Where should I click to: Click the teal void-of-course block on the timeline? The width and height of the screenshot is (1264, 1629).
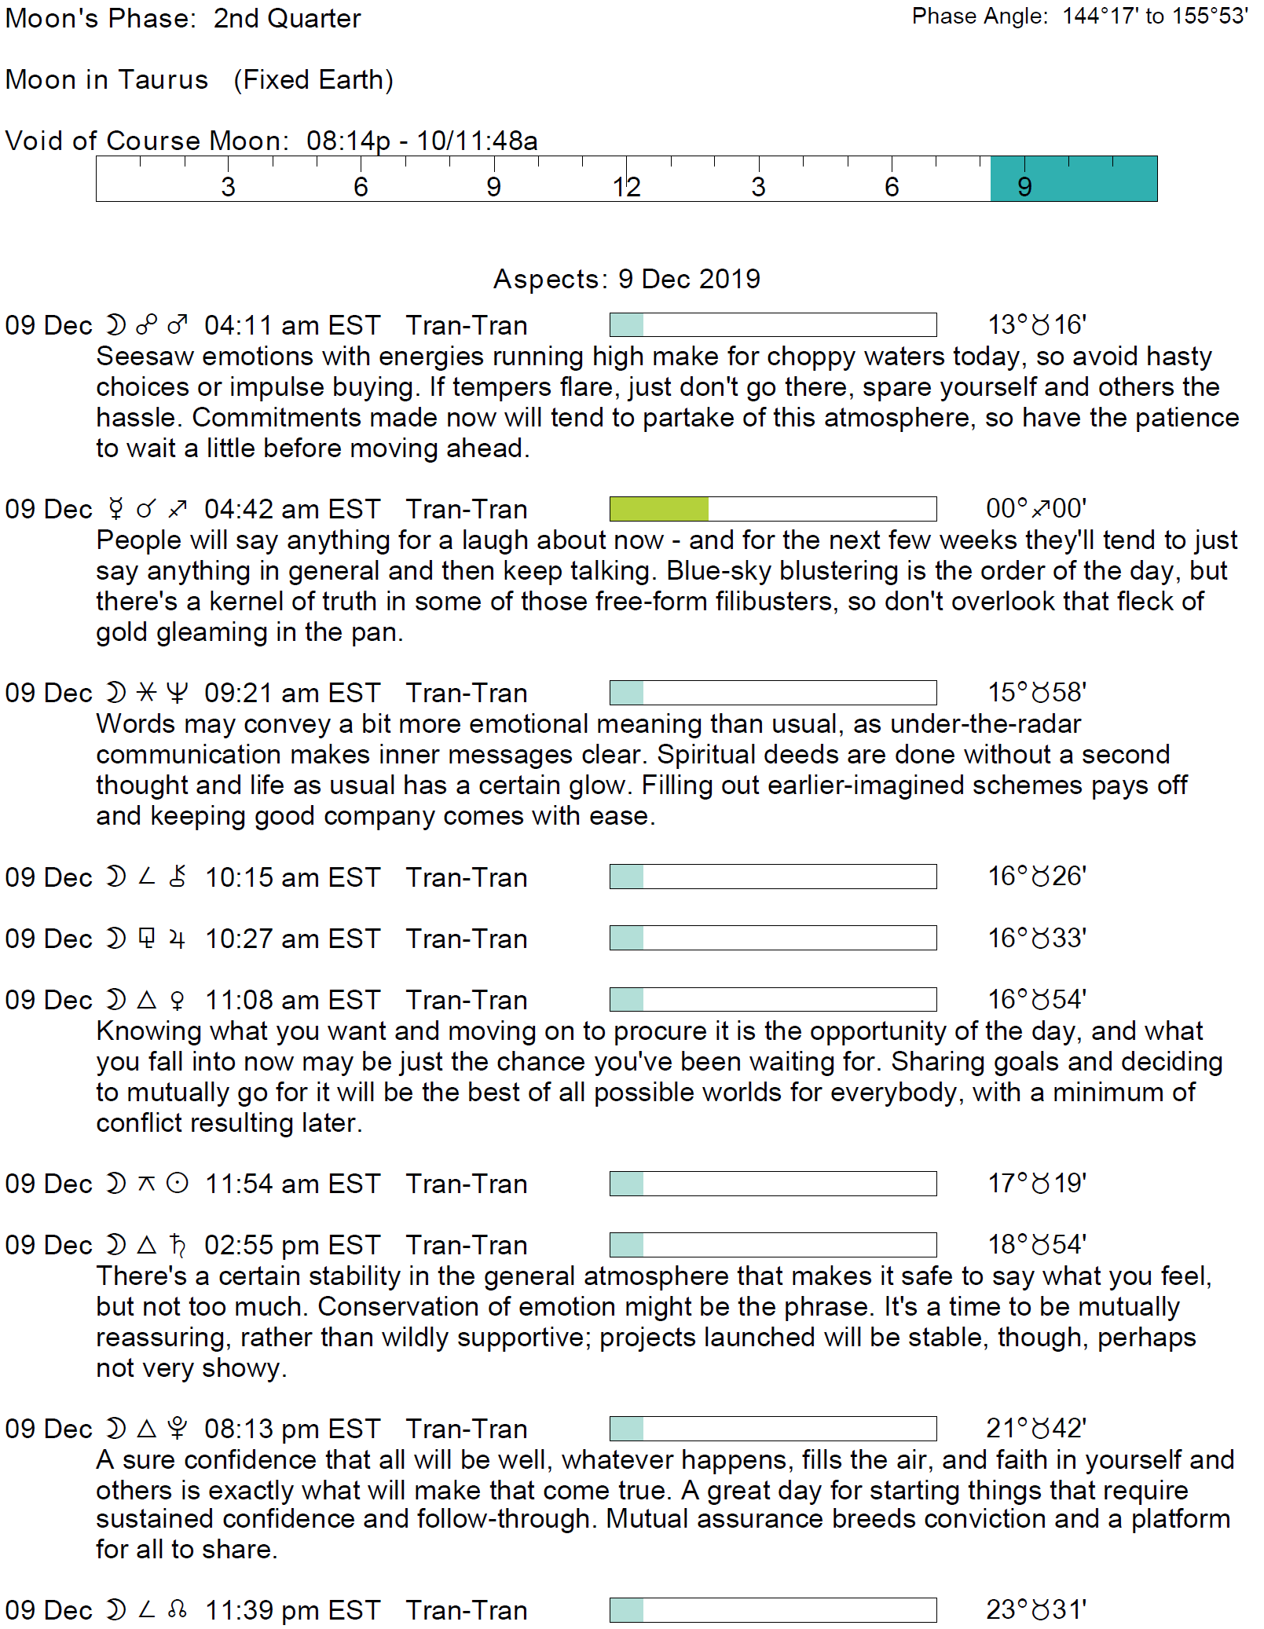(1073, 179)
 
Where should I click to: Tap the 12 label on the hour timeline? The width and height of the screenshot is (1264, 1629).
(626, 187)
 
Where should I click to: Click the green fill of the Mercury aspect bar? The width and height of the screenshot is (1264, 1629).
(658, 509)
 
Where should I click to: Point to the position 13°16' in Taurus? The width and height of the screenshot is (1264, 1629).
(1036, 324)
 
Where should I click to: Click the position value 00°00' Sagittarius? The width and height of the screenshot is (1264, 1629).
(1036, 509)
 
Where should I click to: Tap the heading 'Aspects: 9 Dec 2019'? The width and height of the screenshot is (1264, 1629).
(626, 279)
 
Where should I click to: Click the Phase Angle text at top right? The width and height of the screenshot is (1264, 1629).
(1079, 16)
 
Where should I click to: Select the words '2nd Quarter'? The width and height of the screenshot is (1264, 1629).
(287, 18)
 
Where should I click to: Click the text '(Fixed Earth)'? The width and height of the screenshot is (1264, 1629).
(313, 79)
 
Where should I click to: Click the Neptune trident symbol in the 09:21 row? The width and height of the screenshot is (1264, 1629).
(178, 692)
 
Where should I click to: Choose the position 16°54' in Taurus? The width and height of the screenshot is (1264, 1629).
(1036, 999)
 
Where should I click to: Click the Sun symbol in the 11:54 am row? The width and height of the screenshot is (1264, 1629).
(178, 1183)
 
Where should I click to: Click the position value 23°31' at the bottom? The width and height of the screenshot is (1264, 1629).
(1036, 1609)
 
